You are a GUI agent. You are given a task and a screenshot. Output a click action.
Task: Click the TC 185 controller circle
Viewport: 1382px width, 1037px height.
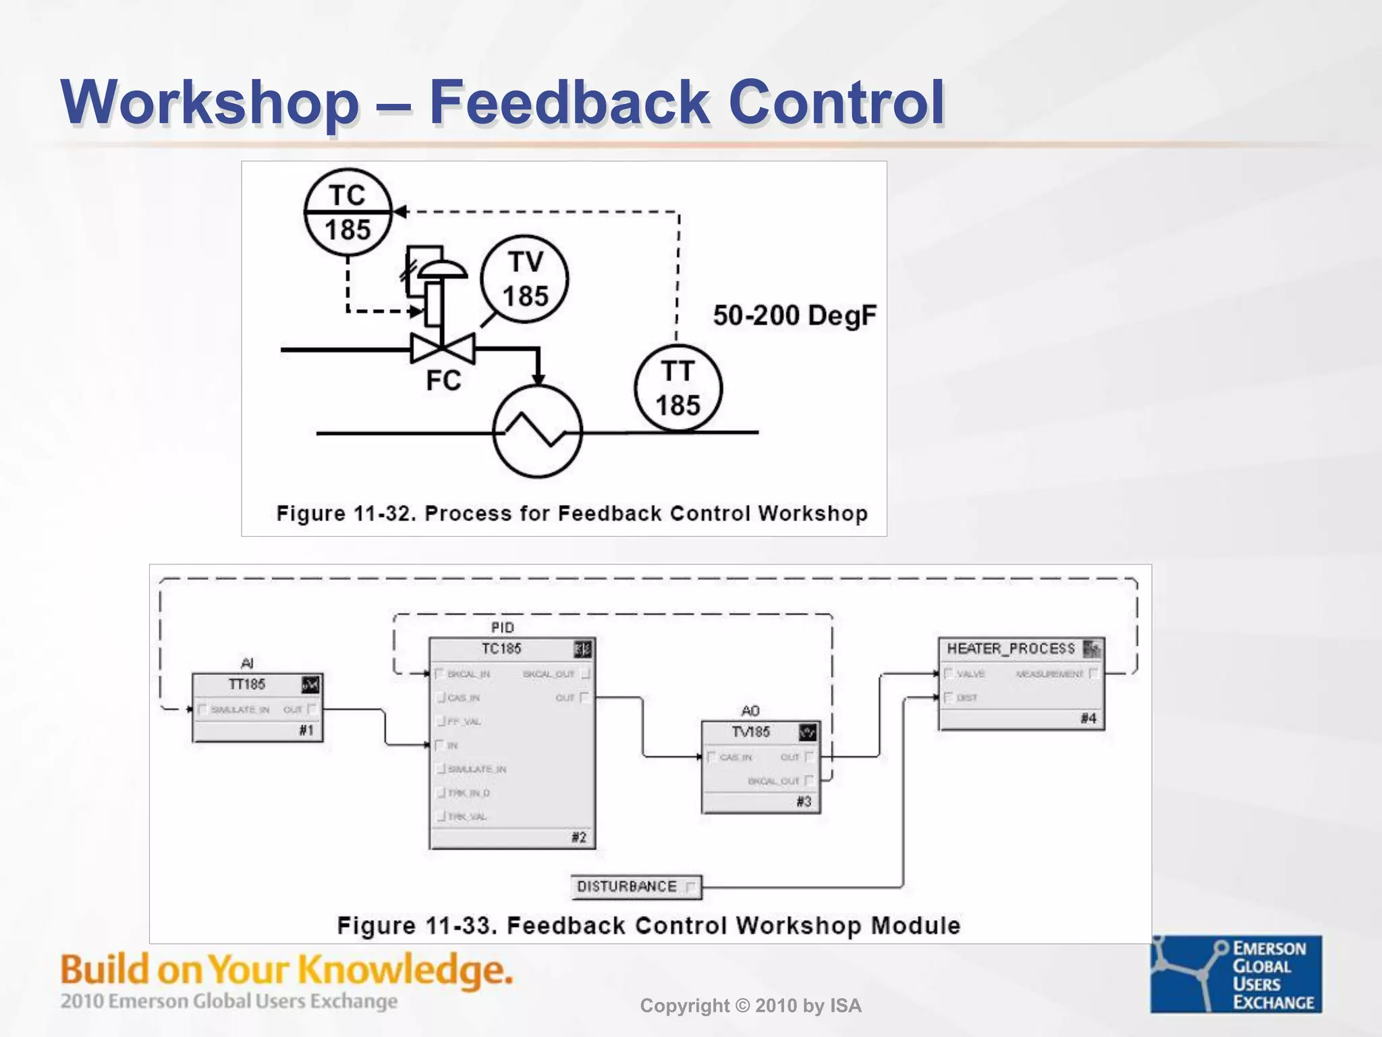tap(348, 212)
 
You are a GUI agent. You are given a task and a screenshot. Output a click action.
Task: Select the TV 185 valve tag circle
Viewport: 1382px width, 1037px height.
tap(524, 279)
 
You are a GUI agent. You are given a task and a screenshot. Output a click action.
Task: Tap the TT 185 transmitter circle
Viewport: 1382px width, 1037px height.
tap(678, 388)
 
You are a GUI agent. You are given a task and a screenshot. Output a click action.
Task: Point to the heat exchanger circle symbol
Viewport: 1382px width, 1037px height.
tap(538, 432)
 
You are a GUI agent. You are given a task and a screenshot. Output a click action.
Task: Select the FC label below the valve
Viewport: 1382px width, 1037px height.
tap(443, 381)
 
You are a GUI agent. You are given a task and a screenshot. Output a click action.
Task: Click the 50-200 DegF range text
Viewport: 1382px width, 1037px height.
tap(794, 315)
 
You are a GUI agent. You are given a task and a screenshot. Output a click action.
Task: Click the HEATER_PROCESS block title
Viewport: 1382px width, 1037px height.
tap(1010, 649)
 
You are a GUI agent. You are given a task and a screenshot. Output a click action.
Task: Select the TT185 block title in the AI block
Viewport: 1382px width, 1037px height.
tap(246, 685)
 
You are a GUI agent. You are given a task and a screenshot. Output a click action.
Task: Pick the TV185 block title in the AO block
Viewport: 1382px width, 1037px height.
tap(750, 732)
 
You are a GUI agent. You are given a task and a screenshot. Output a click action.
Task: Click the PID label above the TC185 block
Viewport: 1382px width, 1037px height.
tap(502, 627)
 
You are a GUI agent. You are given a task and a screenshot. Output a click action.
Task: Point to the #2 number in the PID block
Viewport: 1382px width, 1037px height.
tap(578, 838)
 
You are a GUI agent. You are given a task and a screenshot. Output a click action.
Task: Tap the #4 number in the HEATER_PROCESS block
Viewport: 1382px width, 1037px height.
tap(1088, 718)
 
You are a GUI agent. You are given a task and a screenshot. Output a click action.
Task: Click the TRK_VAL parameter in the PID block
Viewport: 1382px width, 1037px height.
tap(467, 817)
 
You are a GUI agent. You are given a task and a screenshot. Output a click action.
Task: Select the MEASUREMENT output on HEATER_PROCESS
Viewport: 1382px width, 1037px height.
tap(1049, 674)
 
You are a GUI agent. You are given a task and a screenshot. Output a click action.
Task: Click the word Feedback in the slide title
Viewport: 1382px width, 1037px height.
tap(568, 103)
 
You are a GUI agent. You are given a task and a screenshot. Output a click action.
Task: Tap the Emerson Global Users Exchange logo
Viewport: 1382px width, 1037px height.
tap(1236, 974)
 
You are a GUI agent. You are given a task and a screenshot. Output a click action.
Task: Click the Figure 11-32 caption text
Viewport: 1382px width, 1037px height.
tap(572, 513)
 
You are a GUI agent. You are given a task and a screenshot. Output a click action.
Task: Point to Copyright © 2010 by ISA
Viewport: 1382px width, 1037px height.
tap(750, 1006)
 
